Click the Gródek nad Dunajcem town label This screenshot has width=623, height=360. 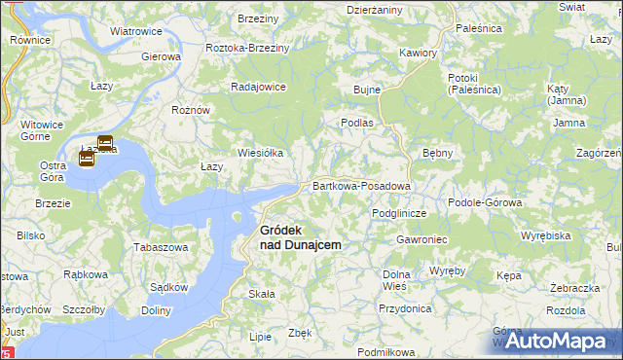tap(299, 237)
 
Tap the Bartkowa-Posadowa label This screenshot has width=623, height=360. tap(362, 185)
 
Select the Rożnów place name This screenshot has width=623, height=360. tap(191, 110)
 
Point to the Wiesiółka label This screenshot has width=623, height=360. tap(261, 153)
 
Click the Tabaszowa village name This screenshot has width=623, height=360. tap(160, 247)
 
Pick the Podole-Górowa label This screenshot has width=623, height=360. tap(485, 202)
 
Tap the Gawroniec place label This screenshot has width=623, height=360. tap(421, 239)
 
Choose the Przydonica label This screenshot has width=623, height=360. tap(405, 307)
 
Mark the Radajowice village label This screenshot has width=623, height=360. tap(258, 87)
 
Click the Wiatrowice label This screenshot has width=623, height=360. tap(135, 31)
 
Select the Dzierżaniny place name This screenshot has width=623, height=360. tap(375, 9)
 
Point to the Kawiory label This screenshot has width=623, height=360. tap(418, 53)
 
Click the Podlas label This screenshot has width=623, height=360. tap(357, 123)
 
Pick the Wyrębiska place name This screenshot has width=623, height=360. tap(545, 235)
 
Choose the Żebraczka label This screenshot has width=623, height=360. tap(573, 289)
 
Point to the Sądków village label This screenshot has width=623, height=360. tap(168, 287)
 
